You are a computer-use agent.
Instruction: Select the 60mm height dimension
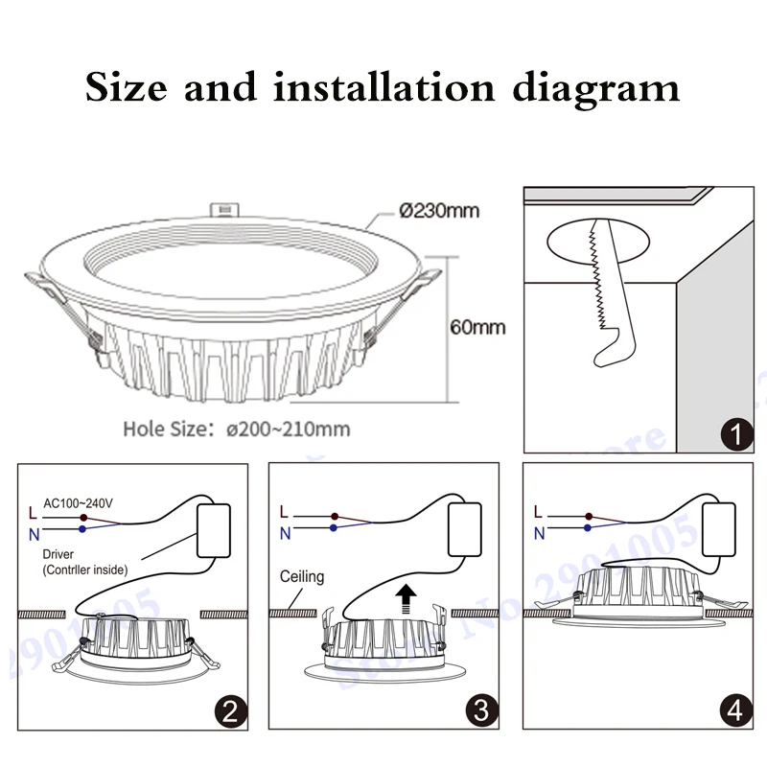point(477,328)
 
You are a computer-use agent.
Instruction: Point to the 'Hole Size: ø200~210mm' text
point(236,428)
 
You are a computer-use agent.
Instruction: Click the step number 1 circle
point(735,435)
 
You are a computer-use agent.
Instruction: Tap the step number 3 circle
point(482,711)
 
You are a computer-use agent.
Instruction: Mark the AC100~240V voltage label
point(80,500)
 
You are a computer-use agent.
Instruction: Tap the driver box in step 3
point(471,529)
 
